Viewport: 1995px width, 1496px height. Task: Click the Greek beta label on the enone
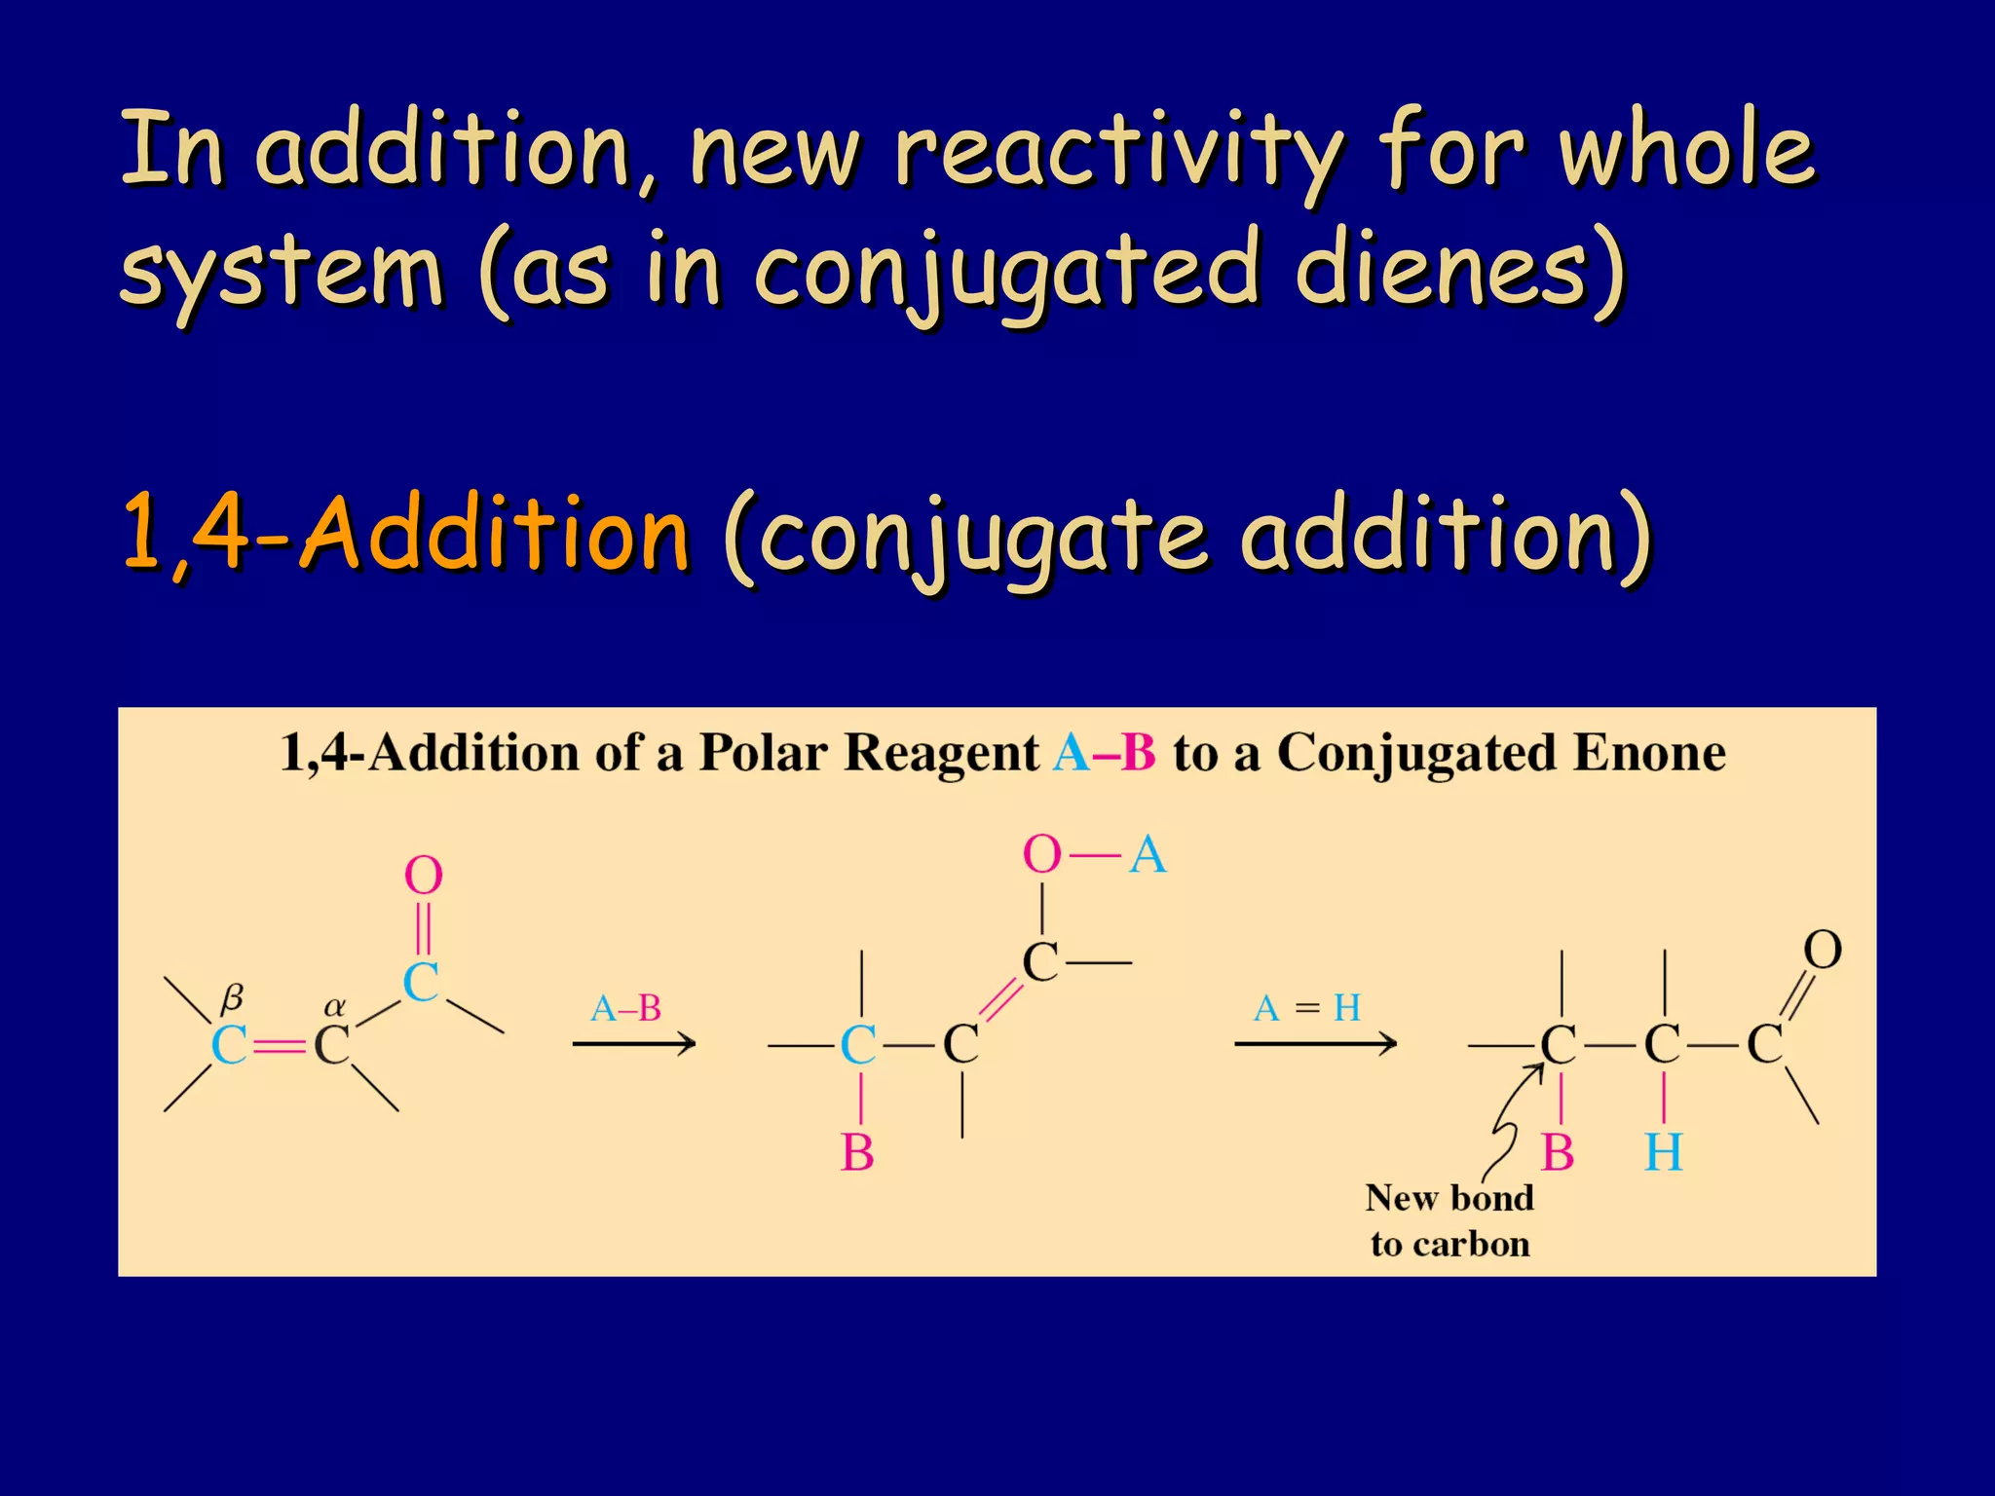pos(232,997)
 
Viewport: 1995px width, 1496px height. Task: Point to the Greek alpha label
pos(334,1005)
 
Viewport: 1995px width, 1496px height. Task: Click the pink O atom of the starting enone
pos(423,876)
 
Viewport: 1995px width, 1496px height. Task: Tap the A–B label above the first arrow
pos(625,1008)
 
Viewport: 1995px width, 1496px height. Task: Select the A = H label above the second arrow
pos(1306,1007)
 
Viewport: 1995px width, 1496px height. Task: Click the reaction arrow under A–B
pos(633,1044)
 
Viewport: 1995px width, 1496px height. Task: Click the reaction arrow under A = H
pos(1314,1044)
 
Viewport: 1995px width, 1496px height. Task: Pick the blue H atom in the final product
pos(1663,1153)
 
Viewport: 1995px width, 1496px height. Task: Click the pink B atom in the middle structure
pos(857,1153)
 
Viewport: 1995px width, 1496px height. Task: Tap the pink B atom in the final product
pos(1558,1153)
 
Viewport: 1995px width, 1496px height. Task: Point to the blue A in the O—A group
pos(1148,855)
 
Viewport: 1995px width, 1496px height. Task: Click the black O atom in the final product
pos(1822,950)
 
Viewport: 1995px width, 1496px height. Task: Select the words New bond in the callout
pos(1449,1198)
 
